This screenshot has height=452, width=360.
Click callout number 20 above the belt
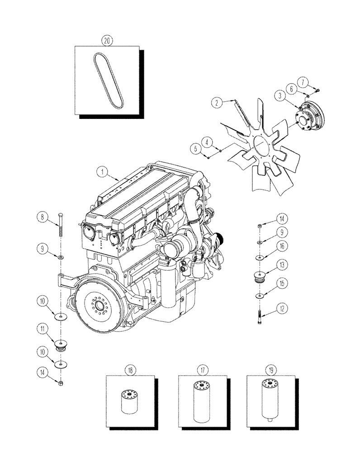(x=107, y=40)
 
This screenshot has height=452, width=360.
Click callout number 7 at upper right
(x=303, y=82)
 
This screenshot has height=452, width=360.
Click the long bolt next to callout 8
(x=60, y=226)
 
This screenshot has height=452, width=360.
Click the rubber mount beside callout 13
(x=260, y=278)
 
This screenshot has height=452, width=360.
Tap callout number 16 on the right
(x=281, y=246)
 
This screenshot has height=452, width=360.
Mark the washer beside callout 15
(x=260, y=296)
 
